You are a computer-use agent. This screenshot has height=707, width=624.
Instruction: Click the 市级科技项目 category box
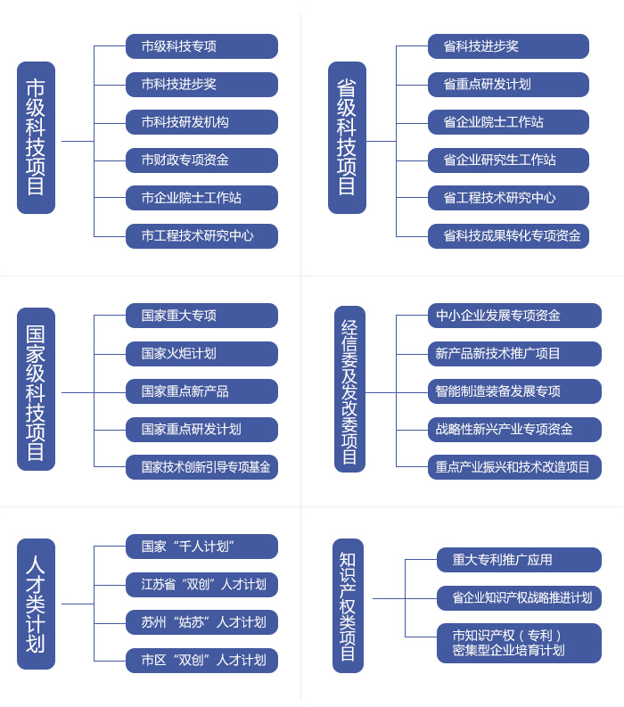click(x=36, y=137)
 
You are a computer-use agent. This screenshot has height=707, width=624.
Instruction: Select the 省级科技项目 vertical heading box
click(x=347, y=137)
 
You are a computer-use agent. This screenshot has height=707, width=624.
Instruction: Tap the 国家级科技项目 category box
click(x=36, y=389)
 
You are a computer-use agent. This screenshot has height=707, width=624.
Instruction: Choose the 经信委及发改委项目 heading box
click(x=349, y=389)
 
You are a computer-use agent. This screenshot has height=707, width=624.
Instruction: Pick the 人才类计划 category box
click(x=36, y=604)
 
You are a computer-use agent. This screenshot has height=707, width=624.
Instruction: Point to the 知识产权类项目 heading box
click(x=348, y=605)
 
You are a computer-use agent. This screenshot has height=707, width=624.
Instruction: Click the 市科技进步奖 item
click(x=201, y=85)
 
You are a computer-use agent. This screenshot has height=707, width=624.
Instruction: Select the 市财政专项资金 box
click(x=201, y=160)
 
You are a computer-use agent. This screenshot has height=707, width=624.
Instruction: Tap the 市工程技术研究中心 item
click(x=201, y=236)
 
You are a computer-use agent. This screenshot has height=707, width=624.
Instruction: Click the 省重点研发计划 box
click(x=508, y=85)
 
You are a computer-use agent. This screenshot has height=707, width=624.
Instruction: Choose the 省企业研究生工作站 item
click(x=508, y=160)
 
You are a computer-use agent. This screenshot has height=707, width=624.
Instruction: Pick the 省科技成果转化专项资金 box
click(x=508, y=236)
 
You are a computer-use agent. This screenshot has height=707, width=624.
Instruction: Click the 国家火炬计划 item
click(x=201, y=353)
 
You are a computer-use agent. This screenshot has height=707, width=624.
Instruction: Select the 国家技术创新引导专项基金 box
click(x=201, y=466)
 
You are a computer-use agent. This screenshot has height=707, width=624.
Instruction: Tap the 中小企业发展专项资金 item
click(x=514, y=316)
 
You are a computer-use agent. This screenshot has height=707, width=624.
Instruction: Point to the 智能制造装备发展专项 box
click(x=514, y=390)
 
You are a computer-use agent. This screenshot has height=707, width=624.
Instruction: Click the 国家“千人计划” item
click(x=201, y=547)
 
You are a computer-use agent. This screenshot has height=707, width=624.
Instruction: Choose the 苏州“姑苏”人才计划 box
click(x=201, y=622)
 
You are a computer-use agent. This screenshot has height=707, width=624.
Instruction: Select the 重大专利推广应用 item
click(x=519, y=560)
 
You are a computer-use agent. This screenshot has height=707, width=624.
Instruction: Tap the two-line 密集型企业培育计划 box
click(x=519, y=643)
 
